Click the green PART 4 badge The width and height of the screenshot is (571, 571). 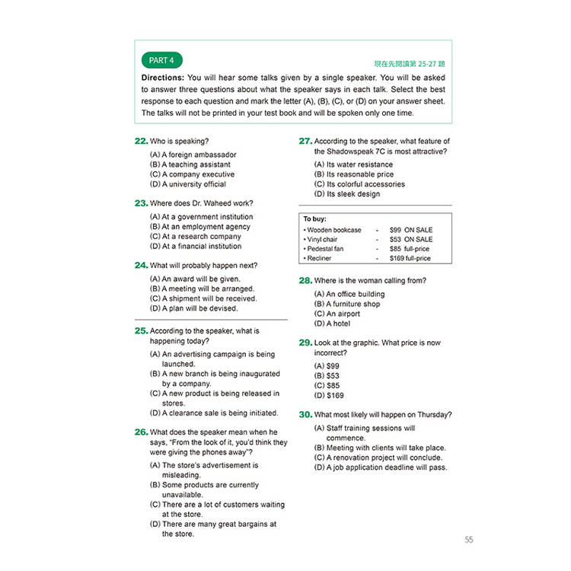[x=161, y=60]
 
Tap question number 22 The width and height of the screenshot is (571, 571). [x=141, y=141]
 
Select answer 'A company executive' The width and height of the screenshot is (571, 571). [x=193, y=174]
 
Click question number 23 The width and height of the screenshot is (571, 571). [x=141, y=203]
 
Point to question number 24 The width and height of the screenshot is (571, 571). [x=141, y=266]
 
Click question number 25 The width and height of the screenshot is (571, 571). [x=141, y=331]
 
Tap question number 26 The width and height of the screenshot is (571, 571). [x=141, y=432]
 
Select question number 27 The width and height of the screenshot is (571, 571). [x=305, y=141]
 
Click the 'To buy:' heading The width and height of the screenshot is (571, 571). [x=315, y=219]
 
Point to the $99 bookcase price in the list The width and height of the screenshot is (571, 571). [x=395, y=229]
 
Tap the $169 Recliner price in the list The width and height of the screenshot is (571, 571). [x=397, y=259]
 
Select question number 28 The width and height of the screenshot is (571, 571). [x=305, y=281]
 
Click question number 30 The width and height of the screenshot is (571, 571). [x=305, y=415]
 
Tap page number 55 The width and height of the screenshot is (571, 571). [x=468, y=540]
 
